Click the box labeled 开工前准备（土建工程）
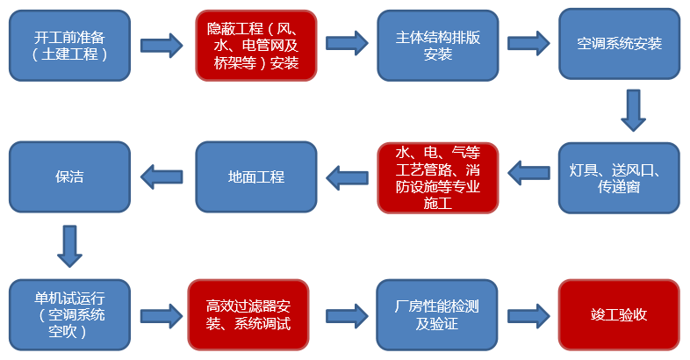(69, 46)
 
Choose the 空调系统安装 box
(620, 46)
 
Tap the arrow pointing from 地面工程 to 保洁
(163, 177)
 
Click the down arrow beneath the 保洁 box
(69, 246)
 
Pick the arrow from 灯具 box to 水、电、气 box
(528, 172)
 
